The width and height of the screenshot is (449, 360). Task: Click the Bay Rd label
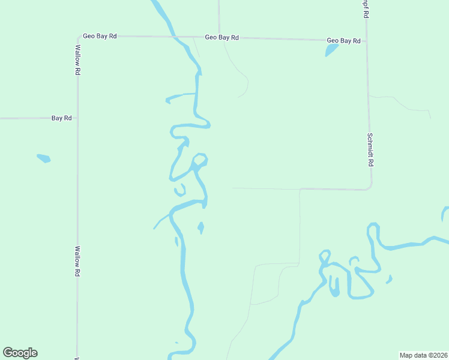tap(61, 118)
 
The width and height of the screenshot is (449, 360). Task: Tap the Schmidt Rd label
tap(371, 149)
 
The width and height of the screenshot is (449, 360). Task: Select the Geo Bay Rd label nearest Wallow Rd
tap(100, 36)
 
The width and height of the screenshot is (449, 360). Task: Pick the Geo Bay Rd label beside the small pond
tap(343, 41)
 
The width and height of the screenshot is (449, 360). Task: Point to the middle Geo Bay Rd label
tap(221, 37)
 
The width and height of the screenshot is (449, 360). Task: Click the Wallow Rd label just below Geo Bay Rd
tap(77, 59)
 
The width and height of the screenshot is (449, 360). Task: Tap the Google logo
tap(20, 353)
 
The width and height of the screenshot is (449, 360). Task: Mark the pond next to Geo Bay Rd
tap(331, 50)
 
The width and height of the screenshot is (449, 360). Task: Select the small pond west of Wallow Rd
tap(43, 158)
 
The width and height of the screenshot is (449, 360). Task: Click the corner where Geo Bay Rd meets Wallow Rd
tap(77, 36)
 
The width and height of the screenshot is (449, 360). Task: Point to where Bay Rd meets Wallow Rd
tap(77, 118)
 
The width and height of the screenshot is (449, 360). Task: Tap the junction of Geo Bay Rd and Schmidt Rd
tap(366, 41)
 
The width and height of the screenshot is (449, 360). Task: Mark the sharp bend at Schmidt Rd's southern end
tap(370, 188)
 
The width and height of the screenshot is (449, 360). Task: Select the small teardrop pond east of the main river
tap(200, 227)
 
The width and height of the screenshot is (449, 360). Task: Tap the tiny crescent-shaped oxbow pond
tap(179, 191)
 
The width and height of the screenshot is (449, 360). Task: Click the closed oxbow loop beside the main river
tap(200, 160)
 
